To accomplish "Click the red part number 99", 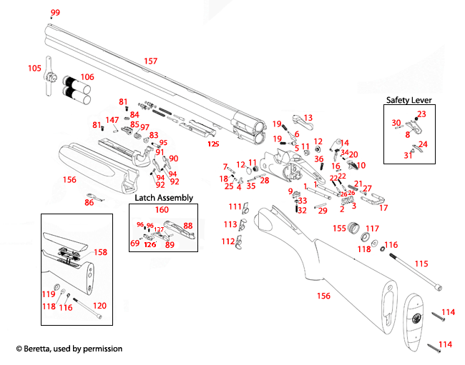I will pos(55,13).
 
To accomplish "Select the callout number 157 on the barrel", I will pos(150,61).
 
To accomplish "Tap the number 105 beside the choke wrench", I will pos(34,68).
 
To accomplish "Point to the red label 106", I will pos(87,77).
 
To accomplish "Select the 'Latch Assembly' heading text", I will pos(164,198).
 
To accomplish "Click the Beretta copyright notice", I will pos(69,349).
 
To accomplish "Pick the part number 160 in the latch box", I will pos(162,210).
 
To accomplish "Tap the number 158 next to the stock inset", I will pos(100,252).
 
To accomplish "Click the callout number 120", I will pos(100,305).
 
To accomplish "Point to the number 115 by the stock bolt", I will pos(421,264).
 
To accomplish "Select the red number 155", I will pos(339,229).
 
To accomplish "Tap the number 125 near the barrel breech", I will pos(212,144).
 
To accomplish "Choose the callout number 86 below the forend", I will pos(89,203).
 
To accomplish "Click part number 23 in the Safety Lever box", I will pos(421,114).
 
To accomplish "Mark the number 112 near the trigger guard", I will pos(228,241).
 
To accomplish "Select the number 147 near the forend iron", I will pos(112,120).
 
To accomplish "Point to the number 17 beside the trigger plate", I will pos(383,208).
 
